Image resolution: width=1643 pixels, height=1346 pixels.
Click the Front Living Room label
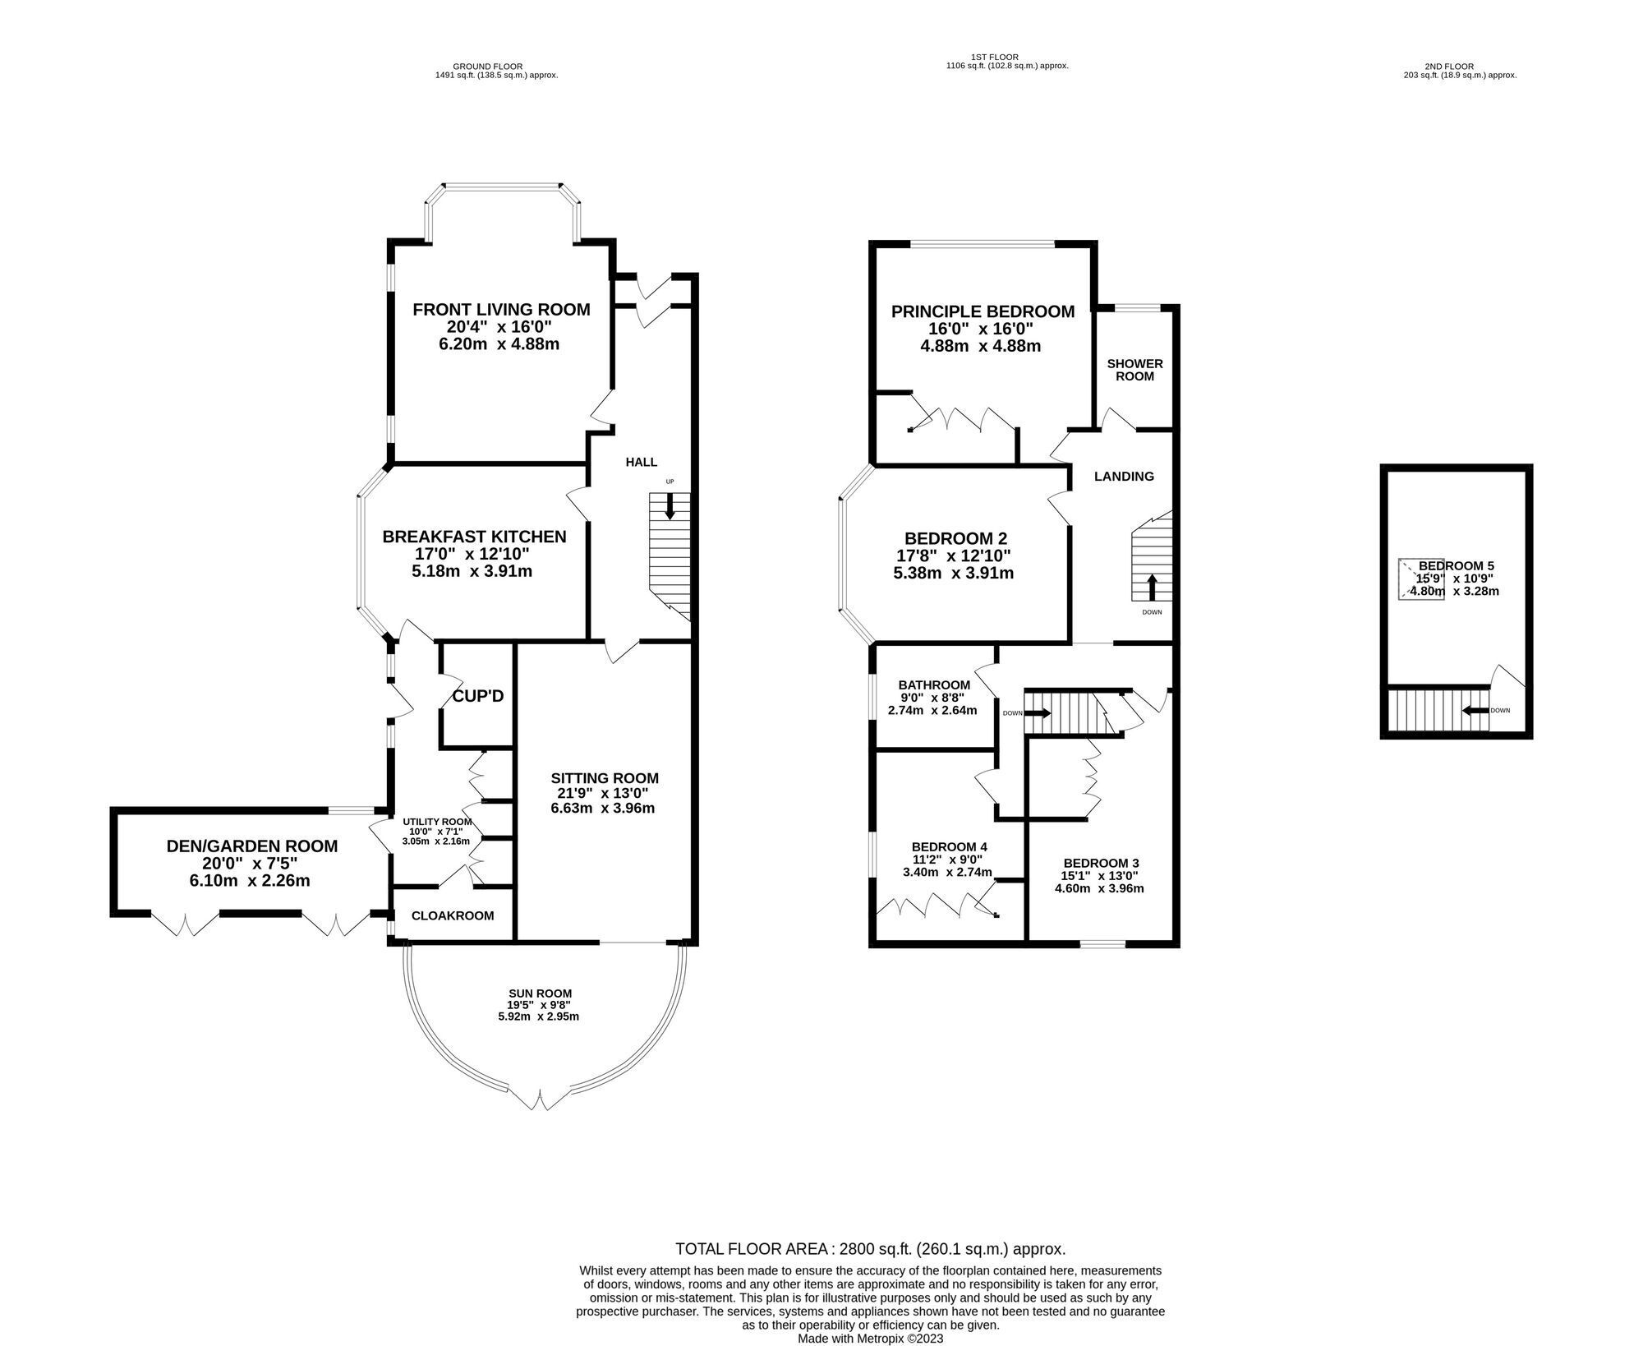[x=501, y=310]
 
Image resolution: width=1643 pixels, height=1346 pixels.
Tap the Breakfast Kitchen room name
[x=474, y=537]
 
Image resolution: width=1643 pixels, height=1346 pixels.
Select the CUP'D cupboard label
[x=478, y=696]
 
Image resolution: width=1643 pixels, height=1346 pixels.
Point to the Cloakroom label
[x=453, y=915]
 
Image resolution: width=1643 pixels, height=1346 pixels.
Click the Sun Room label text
[x=540, y=993]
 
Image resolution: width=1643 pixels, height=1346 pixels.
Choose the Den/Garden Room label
[x=252, y=846]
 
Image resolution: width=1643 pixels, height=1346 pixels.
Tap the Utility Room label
[x=437, y=821]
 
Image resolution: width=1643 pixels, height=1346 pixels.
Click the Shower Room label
[x=1134, y=370]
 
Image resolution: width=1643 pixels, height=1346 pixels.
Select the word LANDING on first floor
[x=1124, y=476]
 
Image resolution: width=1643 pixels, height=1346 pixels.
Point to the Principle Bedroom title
[x=983, y=311]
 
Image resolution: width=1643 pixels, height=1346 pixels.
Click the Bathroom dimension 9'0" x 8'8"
[x=932, y=698]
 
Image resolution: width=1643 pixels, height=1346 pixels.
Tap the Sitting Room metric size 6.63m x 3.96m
[x=603, y=808]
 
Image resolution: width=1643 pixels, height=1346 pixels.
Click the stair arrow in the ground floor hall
[x=670, y=505]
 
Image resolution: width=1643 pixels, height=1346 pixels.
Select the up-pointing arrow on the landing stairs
[x=1152, y=588]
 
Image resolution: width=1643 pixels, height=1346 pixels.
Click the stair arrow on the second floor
[x=1474, y=711]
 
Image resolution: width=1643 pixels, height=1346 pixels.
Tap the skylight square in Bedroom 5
[x=1420, y=580]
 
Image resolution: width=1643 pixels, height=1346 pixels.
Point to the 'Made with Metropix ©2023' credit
[x=870, y=1339]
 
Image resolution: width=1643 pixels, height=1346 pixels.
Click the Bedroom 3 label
[x=1101, y=863]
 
